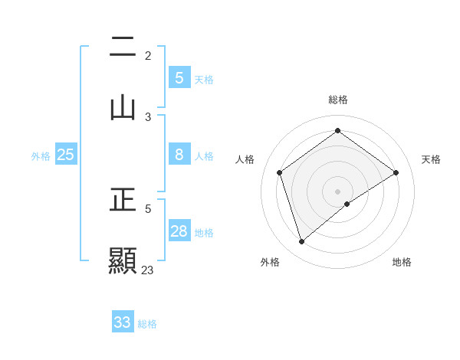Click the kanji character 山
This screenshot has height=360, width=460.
click(123, 106)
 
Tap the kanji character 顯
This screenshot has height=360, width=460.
click(123, 260)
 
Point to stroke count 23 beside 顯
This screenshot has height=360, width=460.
click(148, 270)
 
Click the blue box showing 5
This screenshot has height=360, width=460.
click(179, 77)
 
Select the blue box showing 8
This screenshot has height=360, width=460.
click(179, 155)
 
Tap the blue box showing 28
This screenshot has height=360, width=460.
click(179, 231)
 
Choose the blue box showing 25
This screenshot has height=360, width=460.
click(66, 155)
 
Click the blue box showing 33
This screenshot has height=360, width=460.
click(123, 322)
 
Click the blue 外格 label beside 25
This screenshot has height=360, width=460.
click(41, 155)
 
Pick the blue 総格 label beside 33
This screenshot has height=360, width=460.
click(147, 323)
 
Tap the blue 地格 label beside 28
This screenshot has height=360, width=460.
click(204, 232)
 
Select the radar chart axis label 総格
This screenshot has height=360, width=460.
click(338, 100)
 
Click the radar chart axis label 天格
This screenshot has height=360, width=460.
click(432, 159)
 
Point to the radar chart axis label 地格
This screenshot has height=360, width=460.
click(402, 262)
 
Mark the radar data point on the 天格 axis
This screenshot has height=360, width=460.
click(396, 172)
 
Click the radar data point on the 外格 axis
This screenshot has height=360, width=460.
click(302, 242)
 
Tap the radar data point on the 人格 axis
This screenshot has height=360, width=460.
click(280, 172)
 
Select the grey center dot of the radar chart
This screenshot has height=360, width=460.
click(338, 191)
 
